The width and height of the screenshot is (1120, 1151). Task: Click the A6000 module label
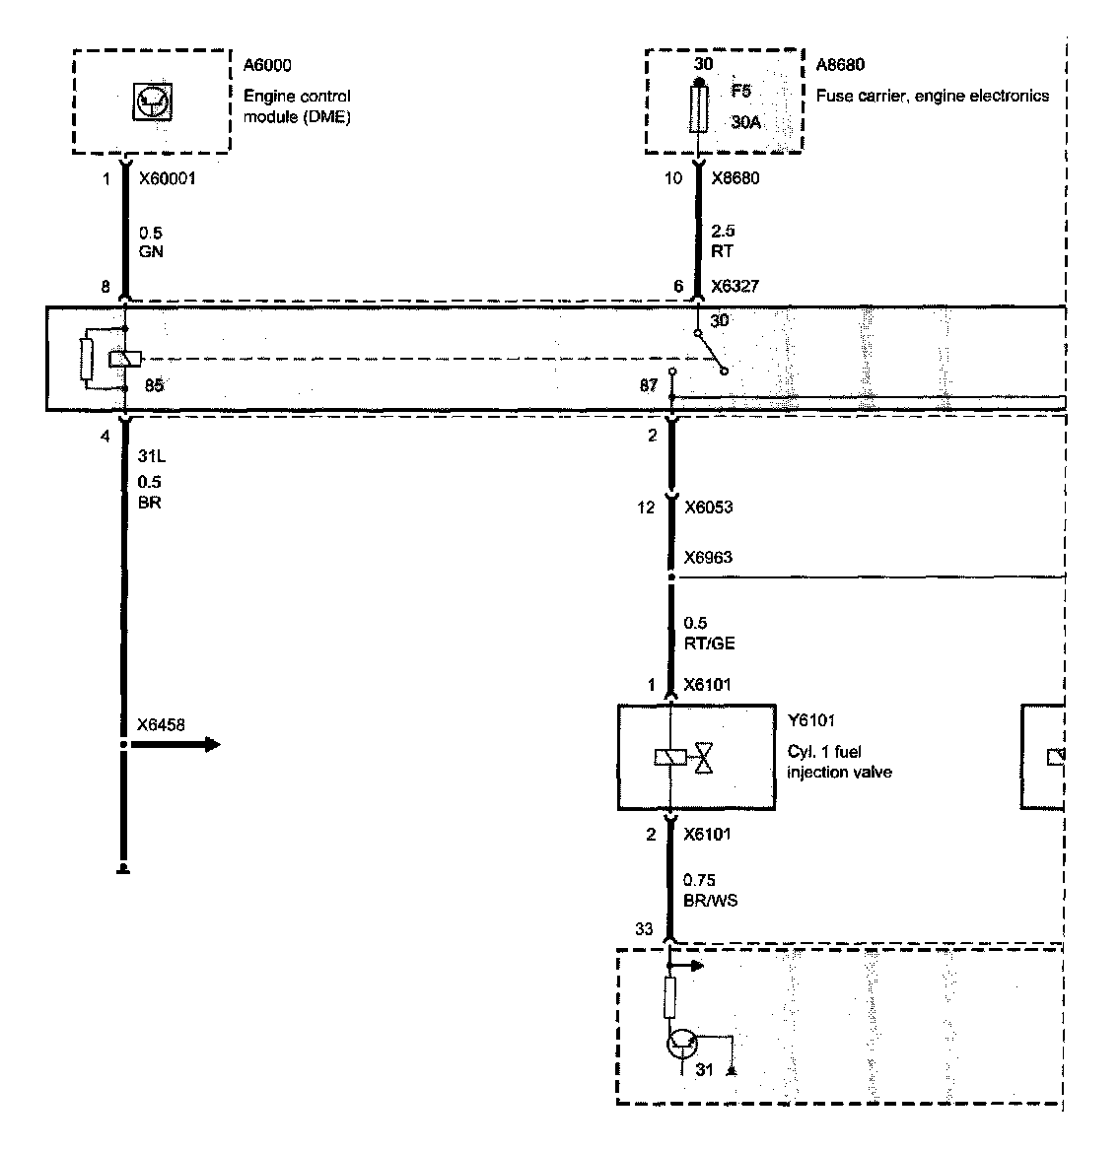tap(267, 66)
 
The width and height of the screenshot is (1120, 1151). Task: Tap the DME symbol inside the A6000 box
tap(151, 102)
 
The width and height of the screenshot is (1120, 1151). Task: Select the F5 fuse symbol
tap(699, 108)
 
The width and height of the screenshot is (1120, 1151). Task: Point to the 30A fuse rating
tap(745, 122)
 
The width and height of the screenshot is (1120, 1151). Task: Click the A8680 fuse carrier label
tap(840, 66)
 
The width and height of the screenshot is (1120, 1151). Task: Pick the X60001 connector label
tap(168, 179)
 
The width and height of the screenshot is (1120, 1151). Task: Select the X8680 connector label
tap(735, 178)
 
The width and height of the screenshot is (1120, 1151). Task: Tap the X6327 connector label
tap(735, 286)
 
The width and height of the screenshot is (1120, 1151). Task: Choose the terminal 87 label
tap(648, 385)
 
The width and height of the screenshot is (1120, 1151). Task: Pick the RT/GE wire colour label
tap(709, 643)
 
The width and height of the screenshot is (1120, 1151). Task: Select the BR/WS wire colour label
tap(711, 900)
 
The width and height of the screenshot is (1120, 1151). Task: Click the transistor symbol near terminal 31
tap(681, 1043)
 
